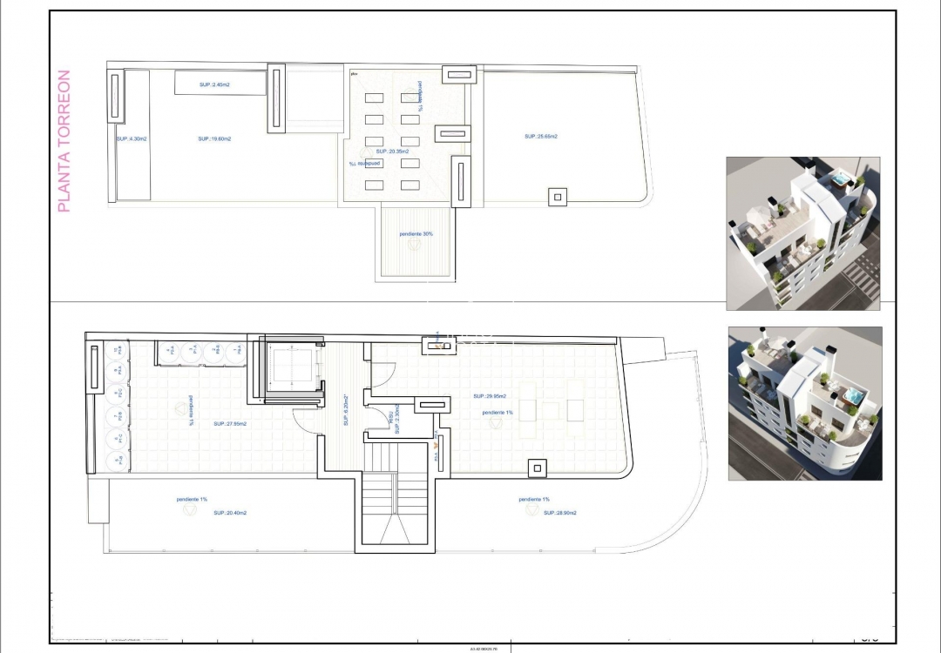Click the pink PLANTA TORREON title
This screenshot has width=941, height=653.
click(64, 141)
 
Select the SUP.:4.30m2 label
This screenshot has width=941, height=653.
click(131, 138)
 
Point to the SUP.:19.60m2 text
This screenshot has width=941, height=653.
click(214, 138)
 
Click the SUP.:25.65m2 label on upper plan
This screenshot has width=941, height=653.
click(540, 136)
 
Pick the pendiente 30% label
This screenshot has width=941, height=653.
click(416, 233)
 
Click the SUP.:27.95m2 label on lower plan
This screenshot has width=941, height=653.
click(230, 424)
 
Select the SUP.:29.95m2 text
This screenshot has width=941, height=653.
click(490, 394)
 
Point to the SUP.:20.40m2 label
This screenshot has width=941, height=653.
click(230, 513)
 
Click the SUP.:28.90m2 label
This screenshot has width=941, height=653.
click(560, 513)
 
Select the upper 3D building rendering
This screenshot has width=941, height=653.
click(802, 233)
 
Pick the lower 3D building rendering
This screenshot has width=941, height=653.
click(804, 403)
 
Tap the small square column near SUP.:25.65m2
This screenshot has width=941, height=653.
click(557, 197)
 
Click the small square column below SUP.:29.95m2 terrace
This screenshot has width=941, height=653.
click(537, 468)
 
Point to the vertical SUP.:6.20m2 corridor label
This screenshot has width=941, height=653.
click(346, 409)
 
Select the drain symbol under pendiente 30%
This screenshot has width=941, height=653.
click(415, 246)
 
